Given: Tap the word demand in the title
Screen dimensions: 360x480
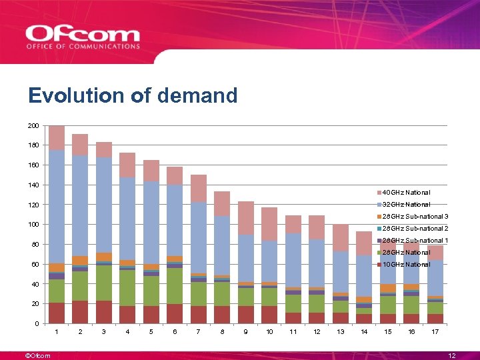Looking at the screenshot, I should pyautogui.click(x=199, y=96).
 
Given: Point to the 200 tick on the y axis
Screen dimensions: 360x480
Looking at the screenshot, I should pyautogui.click(x=33, y=125).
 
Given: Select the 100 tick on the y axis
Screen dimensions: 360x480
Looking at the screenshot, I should pyautogui.click(x=33, y=225).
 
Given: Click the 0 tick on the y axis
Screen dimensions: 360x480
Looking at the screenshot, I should pyautogui.click(x=37, y=324).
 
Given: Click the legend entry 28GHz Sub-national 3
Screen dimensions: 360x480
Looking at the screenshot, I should pyautogui.click(x=414, y=217).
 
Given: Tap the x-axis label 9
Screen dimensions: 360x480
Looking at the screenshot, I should pyautogui.click(x=246, y=332).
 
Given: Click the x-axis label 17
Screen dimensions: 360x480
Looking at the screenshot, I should pyautogui.click(x=435, y=332).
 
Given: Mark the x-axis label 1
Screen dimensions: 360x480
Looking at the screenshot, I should pyautogui.click(x=57, y=332).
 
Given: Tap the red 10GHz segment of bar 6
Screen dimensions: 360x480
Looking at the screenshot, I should pyautogui.click(x=175, y=314).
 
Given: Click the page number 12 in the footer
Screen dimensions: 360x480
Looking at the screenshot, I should pyautogui.click(x=452, y=356).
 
